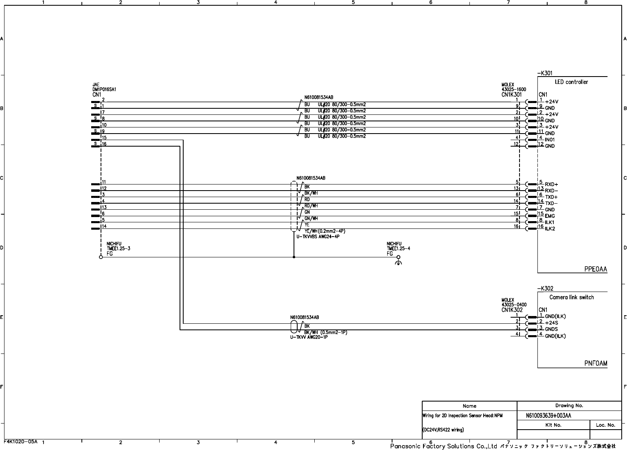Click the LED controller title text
tap(571, 82)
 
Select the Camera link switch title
tap(571, 297)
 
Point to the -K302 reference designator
tap(545, 288)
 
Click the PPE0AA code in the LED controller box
tap(595, 269)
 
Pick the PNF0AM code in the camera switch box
tap(596, 364)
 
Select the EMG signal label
tap(550, 216)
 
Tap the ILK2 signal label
tap(550, 228)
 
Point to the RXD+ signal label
tap(551, 184)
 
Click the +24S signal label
tap(551, 323)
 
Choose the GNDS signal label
tap(551, 329)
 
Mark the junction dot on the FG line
tap(294, 257)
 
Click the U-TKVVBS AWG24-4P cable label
tap(318, 237)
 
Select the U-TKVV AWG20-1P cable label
tap(309, 337)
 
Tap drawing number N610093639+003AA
tap(548, 415)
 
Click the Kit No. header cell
tap(553, 425)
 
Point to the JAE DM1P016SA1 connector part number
tap(105, 89)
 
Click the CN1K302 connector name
tap(512, 310)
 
